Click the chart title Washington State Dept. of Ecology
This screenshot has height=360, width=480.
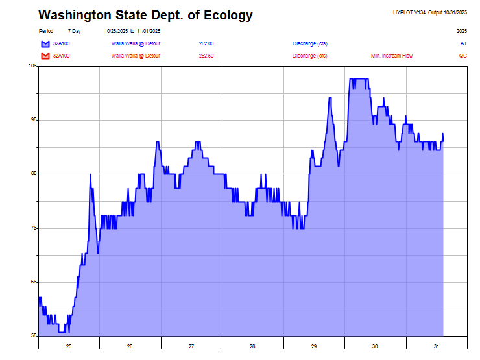[x=145, y=16]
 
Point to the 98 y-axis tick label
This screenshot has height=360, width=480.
[x=33, y=120]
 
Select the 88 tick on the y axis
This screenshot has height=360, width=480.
[x=33, y=174]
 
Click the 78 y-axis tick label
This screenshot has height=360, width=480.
[x=33, y=228]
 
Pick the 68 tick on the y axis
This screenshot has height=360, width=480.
[x=33, y=282]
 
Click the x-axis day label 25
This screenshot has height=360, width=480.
[x=69, y=346]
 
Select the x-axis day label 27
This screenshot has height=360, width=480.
[x=191, y=346]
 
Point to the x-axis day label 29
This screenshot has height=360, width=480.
[x=314, y=346]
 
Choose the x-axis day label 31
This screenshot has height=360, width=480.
[x=437, y=346]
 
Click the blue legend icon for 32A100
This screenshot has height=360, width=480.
[x=45, y=43]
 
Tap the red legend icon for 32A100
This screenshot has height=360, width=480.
[x=45, y=56]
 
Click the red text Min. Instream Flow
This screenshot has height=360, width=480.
[x=391, y=56]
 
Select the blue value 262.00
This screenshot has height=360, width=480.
[x=206, y=43]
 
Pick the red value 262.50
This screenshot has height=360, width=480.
[x=206, y=56]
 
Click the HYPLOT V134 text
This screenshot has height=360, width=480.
[x=409, y=12]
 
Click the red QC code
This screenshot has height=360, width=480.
[x=462, y=56]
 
